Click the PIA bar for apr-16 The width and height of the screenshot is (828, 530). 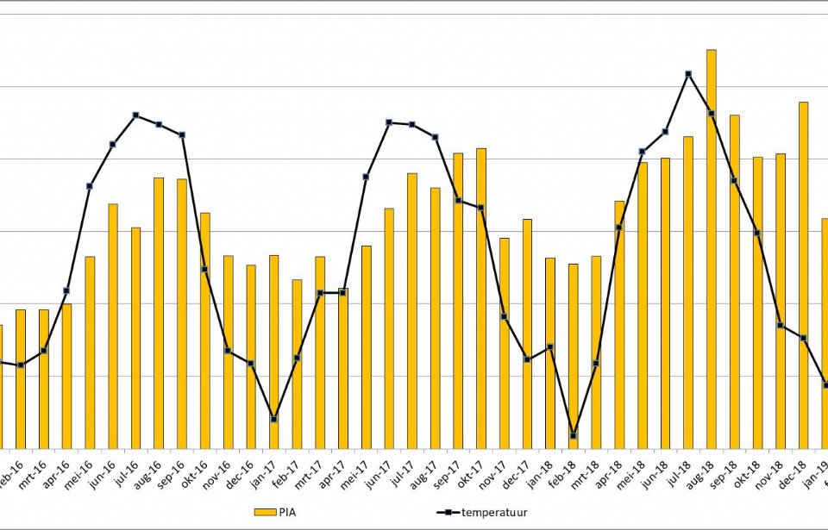pyautogui.click(x=67, y=376)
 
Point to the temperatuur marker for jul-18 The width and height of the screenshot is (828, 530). pyautogui.click(x=688, y=74)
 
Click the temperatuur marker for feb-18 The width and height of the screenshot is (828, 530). pyautogui.click(x=574, y=436)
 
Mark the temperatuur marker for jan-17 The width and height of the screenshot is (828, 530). pyautogui.click(x=273, y=420)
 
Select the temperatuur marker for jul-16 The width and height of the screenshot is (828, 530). pyautogui.click(x=136, y=115)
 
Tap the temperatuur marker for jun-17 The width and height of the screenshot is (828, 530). pyautogui.click(x=389, y=122)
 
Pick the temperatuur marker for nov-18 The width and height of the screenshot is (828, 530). pyautogui.click(x=781, y=326)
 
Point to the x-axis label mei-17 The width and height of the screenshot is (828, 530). pyautogui.click(x=352, y=465)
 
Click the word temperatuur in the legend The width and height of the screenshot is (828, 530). pyautogui.click(x=497, y=513)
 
